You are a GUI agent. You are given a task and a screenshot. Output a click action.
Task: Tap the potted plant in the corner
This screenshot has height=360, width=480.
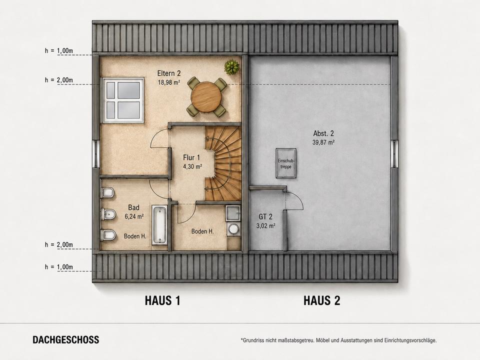tap(231, 67)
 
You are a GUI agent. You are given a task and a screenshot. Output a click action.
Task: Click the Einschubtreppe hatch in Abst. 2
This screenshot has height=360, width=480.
tap(286, 163)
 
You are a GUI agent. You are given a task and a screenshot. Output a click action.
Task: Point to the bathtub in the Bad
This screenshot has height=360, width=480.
tap(159, 225)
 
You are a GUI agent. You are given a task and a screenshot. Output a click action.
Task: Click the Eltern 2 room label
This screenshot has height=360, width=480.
tap(169, 73)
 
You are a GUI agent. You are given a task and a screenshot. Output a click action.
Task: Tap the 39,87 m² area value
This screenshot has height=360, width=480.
tap(323, 142)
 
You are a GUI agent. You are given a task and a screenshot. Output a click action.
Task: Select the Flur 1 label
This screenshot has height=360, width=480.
tap(191, 157)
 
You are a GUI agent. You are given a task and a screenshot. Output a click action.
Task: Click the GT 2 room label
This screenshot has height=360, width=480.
tap(265, 216)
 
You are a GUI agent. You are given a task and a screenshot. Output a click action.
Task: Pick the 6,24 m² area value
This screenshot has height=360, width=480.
tap(134, 216)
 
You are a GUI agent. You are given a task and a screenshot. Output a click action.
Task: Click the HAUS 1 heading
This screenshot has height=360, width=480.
tap(162, 300)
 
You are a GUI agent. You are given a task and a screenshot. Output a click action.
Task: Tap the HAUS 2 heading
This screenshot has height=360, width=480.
tap(321, 300)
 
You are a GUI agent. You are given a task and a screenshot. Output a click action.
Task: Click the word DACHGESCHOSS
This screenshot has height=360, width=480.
tap(66, 340)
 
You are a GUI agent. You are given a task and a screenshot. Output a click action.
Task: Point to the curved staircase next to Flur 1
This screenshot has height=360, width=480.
tap(222, 164)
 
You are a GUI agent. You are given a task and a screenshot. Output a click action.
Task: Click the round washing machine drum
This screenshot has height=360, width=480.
tap(234, 229)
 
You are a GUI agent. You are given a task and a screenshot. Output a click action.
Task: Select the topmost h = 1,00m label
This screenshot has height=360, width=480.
tap(59, 50)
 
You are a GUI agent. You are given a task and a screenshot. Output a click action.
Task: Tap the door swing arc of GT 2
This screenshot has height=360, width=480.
tap(297, 197)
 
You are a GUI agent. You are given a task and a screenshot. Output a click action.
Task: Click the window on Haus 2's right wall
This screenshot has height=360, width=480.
tap(394, 153)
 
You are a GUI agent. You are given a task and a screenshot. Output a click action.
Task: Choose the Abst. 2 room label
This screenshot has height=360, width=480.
tap(323, 133)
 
